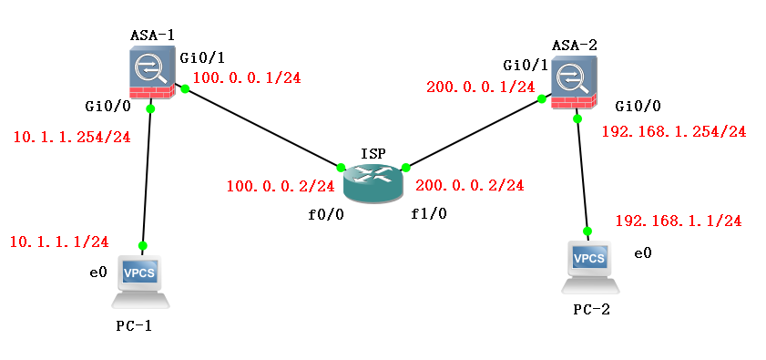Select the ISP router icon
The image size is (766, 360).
click(x=373, y=183)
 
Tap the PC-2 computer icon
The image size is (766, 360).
click(x=589, y=266)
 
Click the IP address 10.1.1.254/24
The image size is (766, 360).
click(x=71, y=138)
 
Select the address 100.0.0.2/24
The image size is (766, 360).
click(x=281, y=186)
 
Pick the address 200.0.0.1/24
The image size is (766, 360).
click(x=480, y=87)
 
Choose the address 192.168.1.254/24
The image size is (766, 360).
click(x=674, y=131)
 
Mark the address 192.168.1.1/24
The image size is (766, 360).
click(x=678, y=221)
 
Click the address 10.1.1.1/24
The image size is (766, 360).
click(x=59, y=242)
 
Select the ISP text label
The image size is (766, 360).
click(x=373, y=152)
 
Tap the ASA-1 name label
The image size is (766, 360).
click(x=152, y=35)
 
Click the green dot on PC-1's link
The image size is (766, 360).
click(x=143, y=245)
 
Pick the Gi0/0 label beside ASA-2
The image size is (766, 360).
click(x=638, y=105)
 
